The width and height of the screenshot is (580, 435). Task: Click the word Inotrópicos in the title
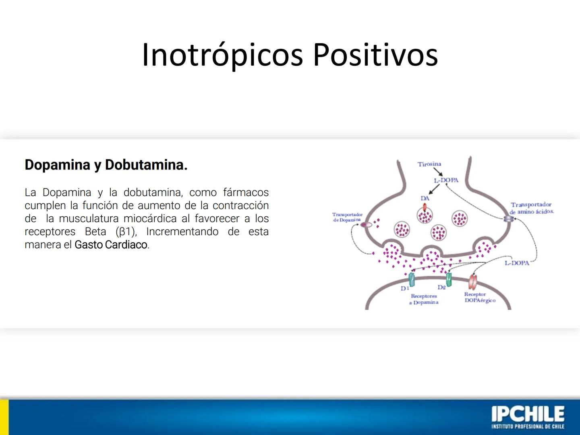coord(222,55)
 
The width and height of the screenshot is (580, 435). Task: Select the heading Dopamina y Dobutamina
coord(106,165)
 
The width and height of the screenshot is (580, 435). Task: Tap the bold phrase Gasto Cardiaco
coord(111,245)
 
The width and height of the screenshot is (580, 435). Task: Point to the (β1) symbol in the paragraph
coord(126,232)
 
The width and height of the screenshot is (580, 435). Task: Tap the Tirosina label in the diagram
coord(429,164)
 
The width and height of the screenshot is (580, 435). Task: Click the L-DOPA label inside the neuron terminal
coord(446,180)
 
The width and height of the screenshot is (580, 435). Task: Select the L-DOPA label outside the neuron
coord(517,263)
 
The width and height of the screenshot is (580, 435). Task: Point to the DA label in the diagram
coord(425,198)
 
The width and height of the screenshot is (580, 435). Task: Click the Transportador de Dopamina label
coord(347,217)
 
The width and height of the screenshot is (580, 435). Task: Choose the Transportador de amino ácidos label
coord(532,208)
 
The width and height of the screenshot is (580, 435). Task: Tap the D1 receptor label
coord(404,288)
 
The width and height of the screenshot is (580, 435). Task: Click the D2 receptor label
coord(441,287)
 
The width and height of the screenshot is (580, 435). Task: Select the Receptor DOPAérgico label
coord(479,297)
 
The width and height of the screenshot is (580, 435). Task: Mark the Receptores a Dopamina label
coord(424,299)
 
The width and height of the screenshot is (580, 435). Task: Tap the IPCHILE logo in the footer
coord(528,417)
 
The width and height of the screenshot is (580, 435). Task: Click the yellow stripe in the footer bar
coord(4,417)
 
